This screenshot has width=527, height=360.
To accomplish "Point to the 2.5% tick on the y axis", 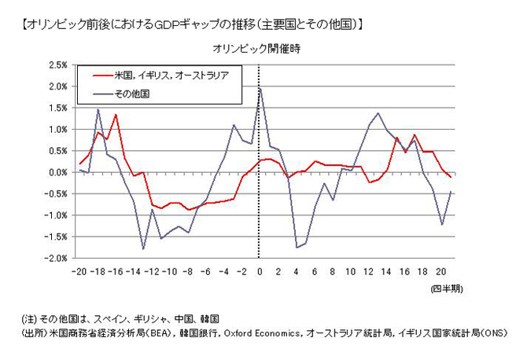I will pyautogui.click(x=57, y=65).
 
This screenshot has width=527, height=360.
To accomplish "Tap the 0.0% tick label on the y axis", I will pyautogui.click(x=57, y=172).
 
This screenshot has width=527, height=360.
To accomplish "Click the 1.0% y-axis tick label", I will pyautogui.click(x=57, y=130).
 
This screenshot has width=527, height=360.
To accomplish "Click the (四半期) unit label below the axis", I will pyautogui.click(x=447, y=289).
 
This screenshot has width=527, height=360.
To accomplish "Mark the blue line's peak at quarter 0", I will pyautogui.click(x=260, y=88).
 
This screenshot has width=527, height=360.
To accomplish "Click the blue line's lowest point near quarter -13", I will pyautogui.click(x=143, y=249).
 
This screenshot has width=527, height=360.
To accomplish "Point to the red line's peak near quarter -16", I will pyautogui.click(x=116, y=115).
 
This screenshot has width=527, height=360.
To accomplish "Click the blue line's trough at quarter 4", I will pyautogui.click(x=296, y=248).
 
